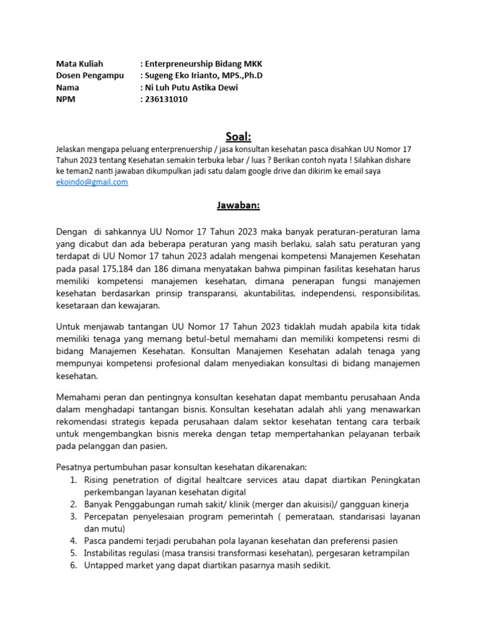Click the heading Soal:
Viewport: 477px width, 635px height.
coord(238,136)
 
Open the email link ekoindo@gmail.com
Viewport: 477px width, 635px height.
coord(92,182)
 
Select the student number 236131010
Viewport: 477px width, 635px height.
coord(167,99)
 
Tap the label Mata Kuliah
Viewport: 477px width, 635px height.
coord(79,64)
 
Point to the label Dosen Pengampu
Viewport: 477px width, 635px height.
coord(90,76)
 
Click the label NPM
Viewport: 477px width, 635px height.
coord(66,99)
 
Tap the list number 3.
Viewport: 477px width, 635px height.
coord(73,516)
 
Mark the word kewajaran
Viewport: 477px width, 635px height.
coord(140,305)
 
